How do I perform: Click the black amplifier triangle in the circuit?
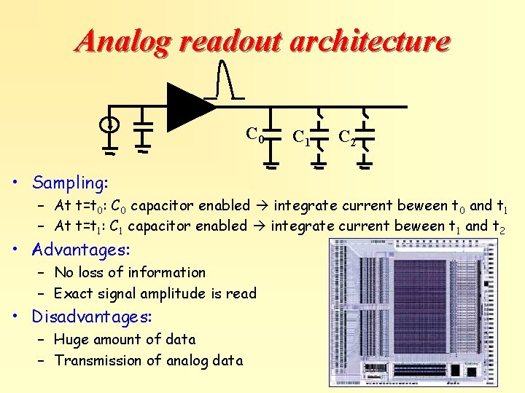[x=188, y=107]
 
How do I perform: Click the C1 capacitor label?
[x=300, y=136]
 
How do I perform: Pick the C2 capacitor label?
[x=347, y=137]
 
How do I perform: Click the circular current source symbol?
[x=109, y=124]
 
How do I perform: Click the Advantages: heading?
[x=80, y=250]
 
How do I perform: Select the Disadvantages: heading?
[x=91, y=317]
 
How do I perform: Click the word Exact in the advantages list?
[x=74, y=293]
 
